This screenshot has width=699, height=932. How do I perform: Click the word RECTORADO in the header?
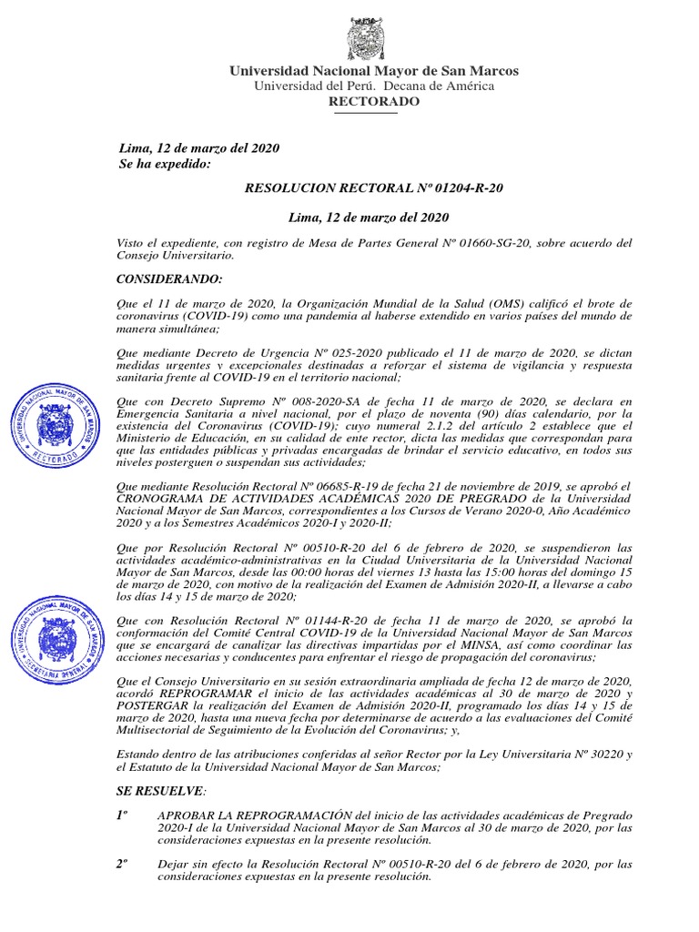coord(374,101)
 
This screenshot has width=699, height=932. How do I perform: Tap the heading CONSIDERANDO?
coord(170,278)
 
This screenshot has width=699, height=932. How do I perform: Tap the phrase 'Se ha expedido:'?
coord(165,164)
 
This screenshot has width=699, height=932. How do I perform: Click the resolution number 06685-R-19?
coord(327,488)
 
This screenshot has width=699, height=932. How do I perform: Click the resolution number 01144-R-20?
coord(327,620)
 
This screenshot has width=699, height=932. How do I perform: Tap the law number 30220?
coord(597,755)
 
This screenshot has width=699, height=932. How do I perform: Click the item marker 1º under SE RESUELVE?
coord(121,815)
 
